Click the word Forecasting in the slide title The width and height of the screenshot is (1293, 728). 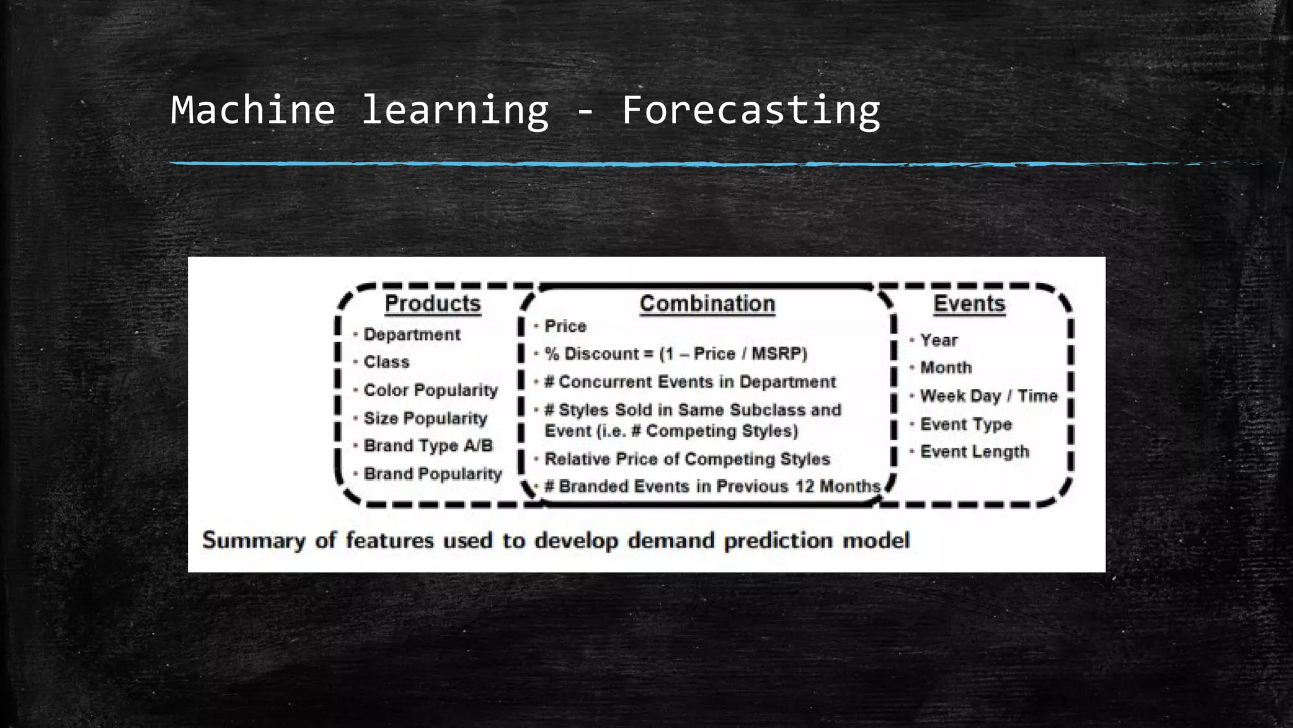click(750, 110)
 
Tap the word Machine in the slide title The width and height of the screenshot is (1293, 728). click(253, 110)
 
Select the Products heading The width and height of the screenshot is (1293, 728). click(432, 304)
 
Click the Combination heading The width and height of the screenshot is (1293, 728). click(707, 304)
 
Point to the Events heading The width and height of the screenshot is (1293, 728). click(969, 304)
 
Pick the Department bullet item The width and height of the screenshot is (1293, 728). click(412, 335)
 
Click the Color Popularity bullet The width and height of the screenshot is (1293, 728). click(431, 390)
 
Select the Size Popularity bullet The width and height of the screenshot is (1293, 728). click(425, 418)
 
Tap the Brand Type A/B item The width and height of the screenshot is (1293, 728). click(428, 446)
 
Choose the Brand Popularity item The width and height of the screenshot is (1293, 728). click(432, 474)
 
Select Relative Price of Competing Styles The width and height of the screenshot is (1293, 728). click(687, 459)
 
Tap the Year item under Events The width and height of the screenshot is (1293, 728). click(939, 340)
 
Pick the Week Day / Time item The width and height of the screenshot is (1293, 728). click(988, 396)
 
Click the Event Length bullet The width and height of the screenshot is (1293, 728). click(974, 452)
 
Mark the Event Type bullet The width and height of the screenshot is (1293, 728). click(965, 424)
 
